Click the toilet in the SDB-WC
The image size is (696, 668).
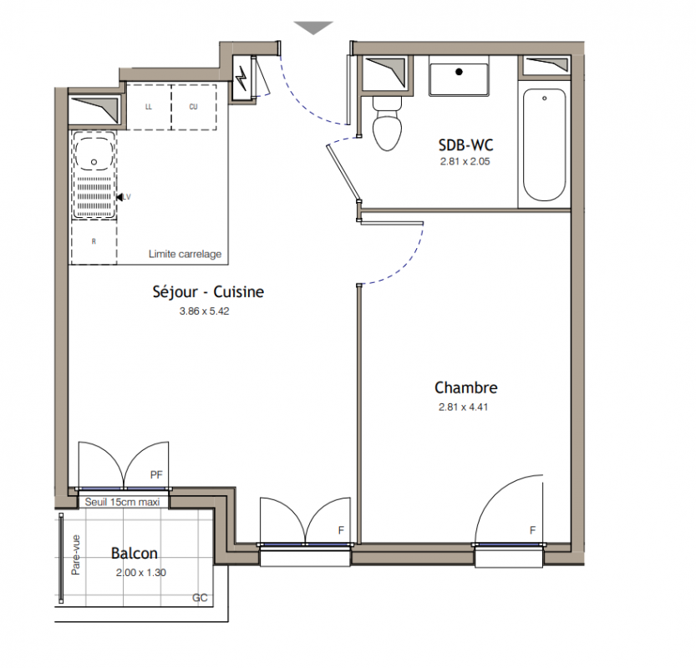tap(387, 124)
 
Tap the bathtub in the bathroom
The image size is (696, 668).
tap(544, 144)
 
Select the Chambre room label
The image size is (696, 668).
tap(466, 387)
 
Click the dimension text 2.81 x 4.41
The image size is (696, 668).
tap(464, 407)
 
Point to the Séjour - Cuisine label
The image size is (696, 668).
tap(208, 291)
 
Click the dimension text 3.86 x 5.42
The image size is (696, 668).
tap(204, 311)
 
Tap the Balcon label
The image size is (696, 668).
tap(134, 553)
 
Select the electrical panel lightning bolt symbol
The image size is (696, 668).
tap(241, 78)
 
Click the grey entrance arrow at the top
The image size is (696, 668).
tap(313, 28)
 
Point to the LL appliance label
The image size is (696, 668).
tap(149, 107)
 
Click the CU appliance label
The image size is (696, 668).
tap(193, 107)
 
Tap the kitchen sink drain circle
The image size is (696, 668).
tap(94, 162)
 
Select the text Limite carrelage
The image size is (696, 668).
tap(185, 254)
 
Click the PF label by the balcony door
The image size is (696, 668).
tap(156, 475)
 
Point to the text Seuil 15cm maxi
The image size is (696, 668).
tap(122, 502)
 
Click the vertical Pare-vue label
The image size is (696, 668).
tap(76, 555)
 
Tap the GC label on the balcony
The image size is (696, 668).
tap(200, 598)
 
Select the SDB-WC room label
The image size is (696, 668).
tap(465, 145)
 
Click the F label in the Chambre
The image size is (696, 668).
tap(533, 530)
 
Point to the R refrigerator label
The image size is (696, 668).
tap(94, 242)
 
